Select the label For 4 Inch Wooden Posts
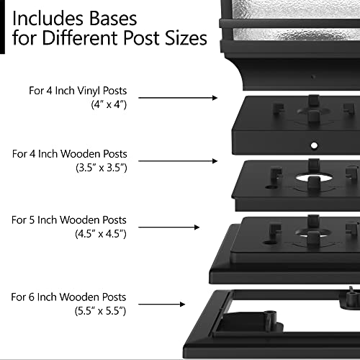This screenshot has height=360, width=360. [x=69, y=154]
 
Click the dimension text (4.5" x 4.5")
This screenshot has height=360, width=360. [x=100, y=233]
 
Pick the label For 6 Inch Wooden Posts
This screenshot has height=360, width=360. [x=69, y=297]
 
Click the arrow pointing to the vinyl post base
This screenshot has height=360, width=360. [x=176, y=96]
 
